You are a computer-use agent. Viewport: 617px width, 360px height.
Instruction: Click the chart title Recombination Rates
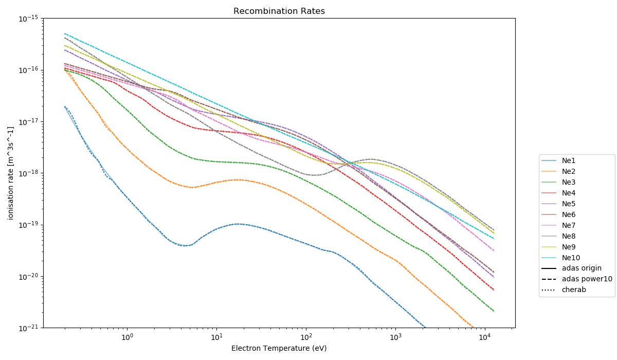tap(279, 11)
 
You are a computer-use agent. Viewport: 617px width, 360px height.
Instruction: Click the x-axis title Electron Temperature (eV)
tap(279, 348)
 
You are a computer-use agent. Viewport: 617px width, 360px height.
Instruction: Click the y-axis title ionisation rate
tap(11, 173)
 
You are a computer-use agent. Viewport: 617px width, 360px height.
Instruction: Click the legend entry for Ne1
tap(569, 161)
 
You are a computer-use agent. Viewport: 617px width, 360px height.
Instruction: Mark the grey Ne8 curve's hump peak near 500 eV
tap(370, 159)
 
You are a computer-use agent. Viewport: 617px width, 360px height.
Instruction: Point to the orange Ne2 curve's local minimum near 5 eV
tap(192, 187)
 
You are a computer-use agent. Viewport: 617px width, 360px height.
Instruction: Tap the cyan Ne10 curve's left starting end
tap(65, 33)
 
